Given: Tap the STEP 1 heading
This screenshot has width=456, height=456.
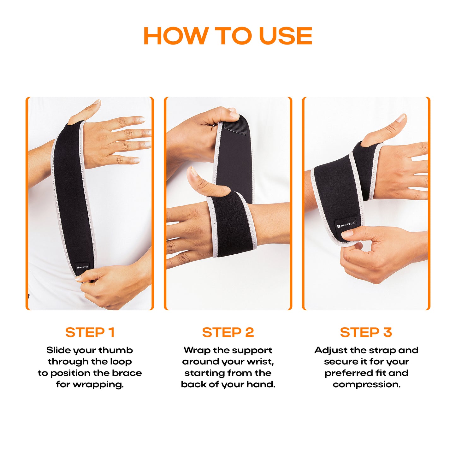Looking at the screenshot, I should point(90,332).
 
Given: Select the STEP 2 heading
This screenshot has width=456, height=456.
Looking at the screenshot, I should point(228,332).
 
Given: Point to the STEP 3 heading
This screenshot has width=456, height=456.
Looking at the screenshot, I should point(366,332).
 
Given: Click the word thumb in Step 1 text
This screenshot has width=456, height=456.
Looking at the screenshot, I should point(115,350).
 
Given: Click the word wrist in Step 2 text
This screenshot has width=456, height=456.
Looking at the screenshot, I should point(260,362).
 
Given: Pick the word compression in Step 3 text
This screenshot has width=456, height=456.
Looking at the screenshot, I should point(366,384).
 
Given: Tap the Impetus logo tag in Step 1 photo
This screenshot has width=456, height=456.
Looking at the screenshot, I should point(83,267).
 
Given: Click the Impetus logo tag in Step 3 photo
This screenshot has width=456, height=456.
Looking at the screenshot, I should point(346,225).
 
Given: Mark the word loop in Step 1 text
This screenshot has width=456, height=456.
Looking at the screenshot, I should point(121,362).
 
